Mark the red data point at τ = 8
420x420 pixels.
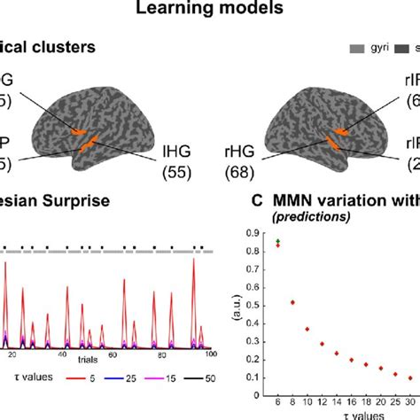tap(293, 302)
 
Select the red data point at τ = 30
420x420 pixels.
tap(409, 377)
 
